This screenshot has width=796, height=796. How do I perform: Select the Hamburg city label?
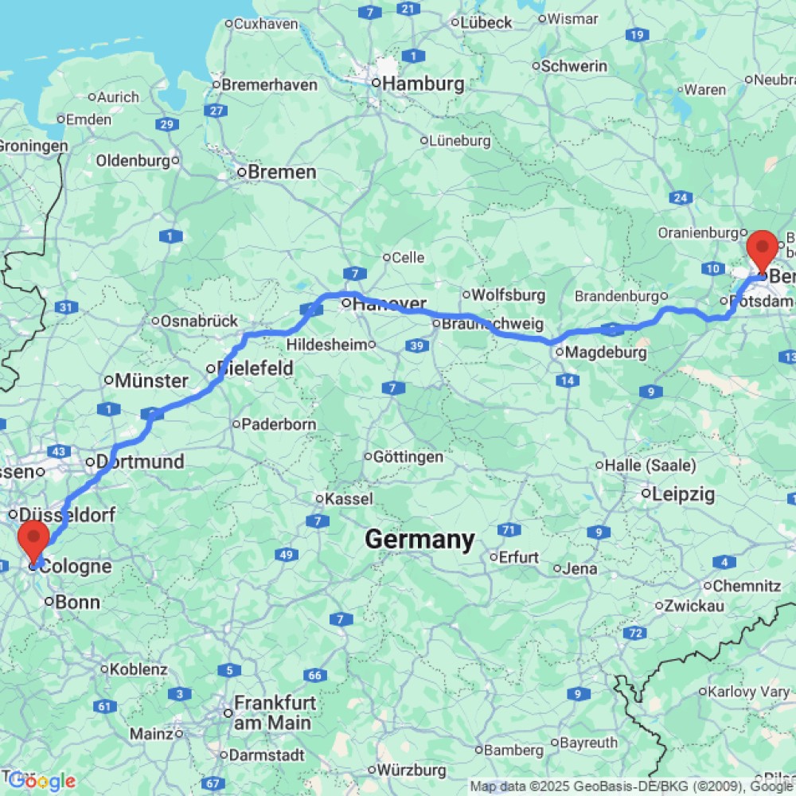(422, 84)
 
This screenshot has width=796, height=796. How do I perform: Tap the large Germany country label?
(419, 540)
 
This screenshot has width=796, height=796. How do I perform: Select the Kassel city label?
(349, 499)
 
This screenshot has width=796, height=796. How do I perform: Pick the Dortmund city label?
(140, 462)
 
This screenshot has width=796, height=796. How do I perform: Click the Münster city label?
(150, 380)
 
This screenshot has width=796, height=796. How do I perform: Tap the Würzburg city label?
(412, 770)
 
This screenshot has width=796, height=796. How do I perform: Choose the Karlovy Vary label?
(747, 691)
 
